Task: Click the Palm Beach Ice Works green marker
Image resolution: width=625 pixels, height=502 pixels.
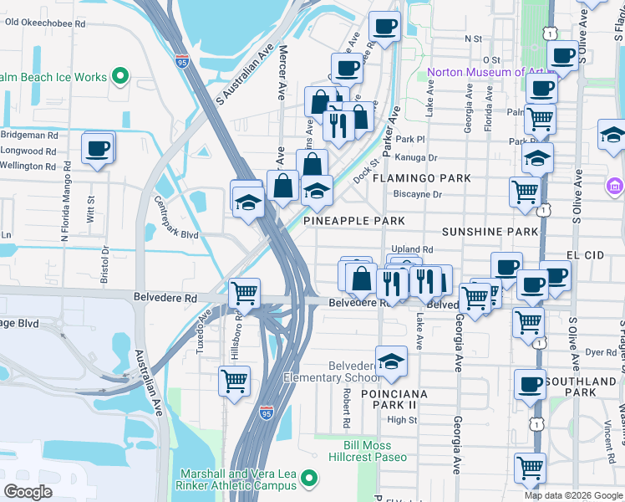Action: [120, 77]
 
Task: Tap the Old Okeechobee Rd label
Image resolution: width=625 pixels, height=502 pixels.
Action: [45, 23]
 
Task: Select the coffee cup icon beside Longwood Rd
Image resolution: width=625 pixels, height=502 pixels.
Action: [97, 149]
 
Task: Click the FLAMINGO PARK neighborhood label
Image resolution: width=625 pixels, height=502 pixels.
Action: [421, 178]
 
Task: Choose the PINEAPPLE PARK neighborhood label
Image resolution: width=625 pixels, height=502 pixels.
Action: [353, 221]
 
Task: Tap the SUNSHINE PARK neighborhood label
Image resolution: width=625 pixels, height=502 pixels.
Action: [489, 231]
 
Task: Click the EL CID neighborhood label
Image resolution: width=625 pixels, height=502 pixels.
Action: [584, 252]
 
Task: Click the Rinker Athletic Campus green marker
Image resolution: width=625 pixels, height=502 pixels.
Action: [309, 479]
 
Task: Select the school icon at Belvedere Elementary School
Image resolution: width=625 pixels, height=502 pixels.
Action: [389, 361]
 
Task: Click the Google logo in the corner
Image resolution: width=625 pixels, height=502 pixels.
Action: [28, 491]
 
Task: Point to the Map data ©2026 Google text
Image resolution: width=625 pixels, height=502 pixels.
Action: [572, 495]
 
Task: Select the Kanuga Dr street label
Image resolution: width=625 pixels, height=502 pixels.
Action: [419, 157]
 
